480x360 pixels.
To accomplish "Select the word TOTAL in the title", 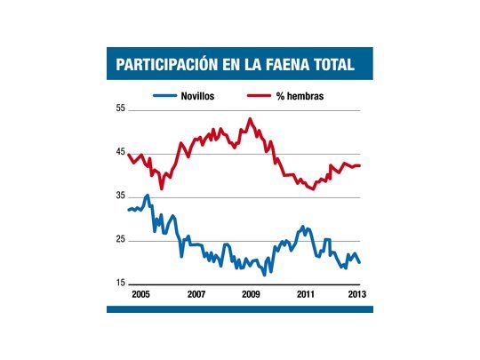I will pyautogui.click(x=331, y=65).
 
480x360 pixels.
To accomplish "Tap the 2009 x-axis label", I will pyautogui.click(x=251, y=292).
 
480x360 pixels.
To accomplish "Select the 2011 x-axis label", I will pyautogui.click(x=307, y=292).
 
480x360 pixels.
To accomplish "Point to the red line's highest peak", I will pyautogui.click(x=250, y=118).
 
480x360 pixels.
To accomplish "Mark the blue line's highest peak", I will pyautogui.click(x=148, y=195).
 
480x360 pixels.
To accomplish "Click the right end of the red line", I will pyautogui.click(x=359, y=165).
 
